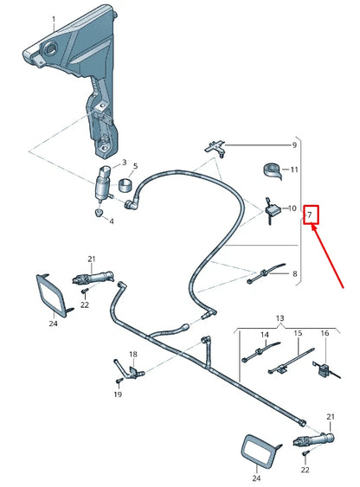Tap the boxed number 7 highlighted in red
pos(311,214)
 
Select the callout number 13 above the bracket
pos(280,319)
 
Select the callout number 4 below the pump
pos(111,221)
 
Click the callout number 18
pos(133,355)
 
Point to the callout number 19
pos(119,394)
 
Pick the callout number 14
pos(265,334)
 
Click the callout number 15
pos(297,334)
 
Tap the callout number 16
pos(325,334)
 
